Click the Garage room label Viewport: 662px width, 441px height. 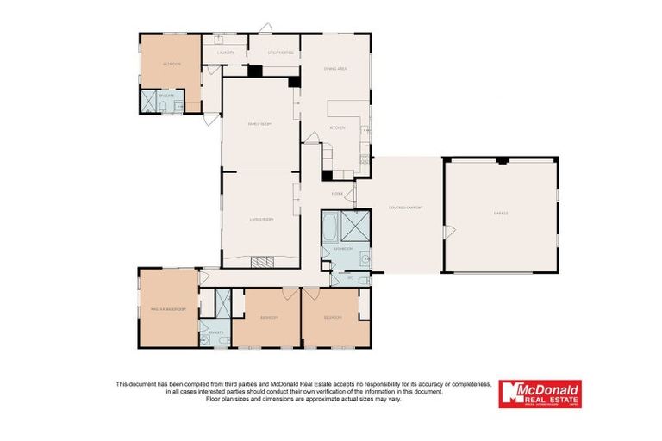click(501, 213)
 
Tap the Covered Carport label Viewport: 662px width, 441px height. click(405, 208)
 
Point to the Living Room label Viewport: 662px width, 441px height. click(262, 220)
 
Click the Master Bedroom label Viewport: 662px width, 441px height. click(163, 308)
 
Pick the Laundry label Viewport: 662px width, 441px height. click(226, 52)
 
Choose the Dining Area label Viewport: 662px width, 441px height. click(334, 68)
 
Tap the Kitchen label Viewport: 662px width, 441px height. click(338, 127)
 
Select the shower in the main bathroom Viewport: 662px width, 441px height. click(356, 225)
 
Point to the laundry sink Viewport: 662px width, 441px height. click(219, 40)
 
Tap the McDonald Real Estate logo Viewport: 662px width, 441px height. click(540, 394)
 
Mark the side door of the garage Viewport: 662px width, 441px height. click(447, 232)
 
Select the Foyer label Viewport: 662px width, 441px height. click(337, 194)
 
